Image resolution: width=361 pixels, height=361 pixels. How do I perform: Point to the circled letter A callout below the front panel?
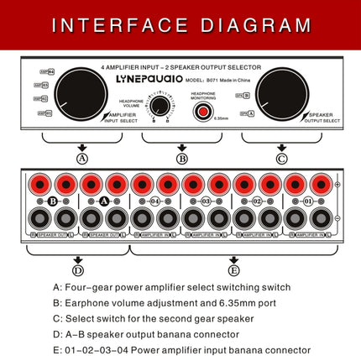[x=82, y=157]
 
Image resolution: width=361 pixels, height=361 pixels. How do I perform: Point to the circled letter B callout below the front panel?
[x=181, y=157]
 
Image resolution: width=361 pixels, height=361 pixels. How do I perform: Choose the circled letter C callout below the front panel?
[x=281, y=157]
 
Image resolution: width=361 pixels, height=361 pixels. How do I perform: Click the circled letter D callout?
[x=77, y=269]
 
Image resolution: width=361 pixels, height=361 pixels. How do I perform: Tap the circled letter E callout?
[x=233, y=269]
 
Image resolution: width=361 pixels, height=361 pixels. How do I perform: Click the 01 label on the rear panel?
[x=307, y=202]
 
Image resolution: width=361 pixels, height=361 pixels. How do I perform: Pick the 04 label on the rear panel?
[x=156, y=202]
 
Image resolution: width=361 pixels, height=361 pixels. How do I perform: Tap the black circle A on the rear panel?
[x=104, y=201]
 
